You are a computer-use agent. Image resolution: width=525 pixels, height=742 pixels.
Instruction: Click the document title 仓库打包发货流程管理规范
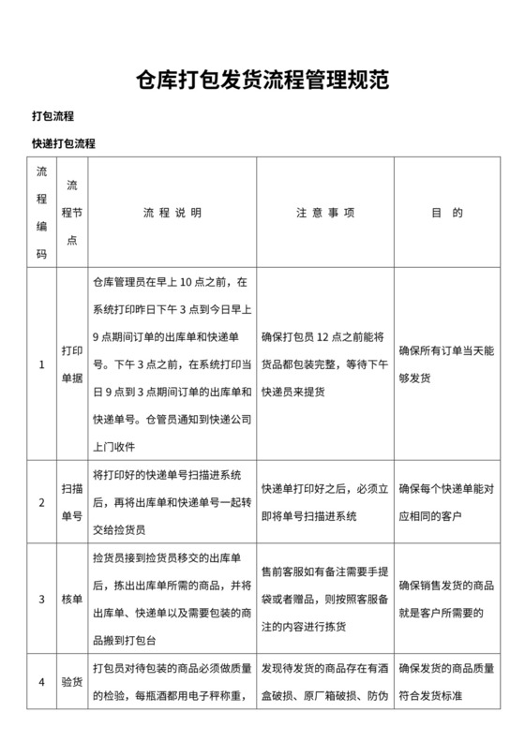[262, 79]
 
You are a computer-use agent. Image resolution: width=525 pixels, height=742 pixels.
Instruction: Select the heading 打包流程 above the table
[52, 116]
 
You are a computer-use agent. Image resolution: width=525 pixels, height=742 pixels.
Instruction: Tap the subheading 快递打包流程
[64, 144]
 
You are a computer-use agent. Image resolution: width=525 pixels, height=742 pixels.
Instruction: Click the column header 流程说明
[172, 213]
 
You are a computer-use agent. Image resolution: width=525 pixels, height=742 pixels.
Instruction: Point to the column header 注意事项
[324, 213]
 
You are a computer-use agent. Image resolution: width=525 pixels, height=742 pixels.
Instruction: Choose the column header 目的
[446, 213]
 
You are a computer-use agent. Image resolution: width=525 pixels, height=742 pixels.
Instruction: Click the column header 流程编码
[41, 213]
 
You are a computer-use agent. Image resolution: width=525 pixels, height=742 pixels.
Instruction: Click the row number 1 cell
[41, 364]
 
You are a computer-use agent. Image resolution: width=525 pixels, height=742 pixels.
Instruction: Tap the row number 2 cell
[41, 502]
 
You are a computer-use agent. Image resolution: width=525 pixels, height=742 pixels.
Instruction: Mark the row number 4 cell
[41, 682]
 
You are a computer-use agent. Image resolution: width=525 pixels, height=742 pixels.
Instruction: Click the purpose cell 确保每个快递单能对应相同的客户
[446, 502]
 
